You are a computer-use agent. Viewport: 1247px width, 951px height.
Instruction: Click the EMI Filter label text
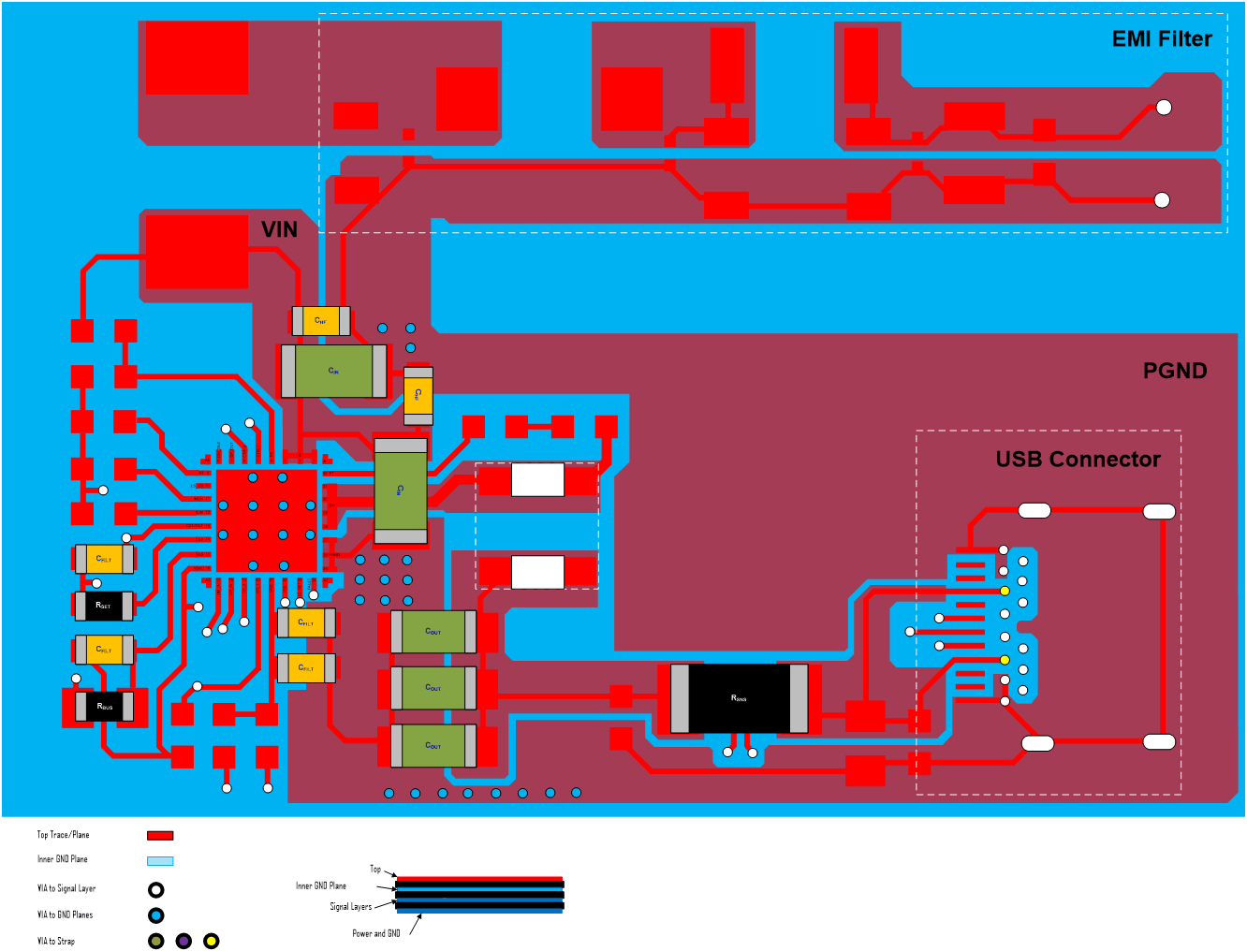coord(1161,39)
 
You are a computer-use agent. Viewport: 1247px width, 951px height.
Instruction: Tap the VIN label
coord(279,230)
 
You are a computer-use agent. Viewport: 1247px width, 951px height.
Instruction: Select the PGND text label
coord(1174,372)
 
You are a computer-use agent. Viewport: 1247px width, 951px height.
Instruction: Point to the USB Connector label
coord(1078,460)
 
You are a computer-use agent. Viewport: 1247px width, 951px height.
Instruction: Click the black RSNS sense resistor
coord(739,698)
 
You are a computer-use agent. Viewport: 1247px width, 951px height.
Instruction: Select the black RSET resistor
coord(104,606)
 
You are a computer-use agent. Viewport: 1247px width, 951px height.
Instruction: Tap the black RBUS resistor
coord(105,706)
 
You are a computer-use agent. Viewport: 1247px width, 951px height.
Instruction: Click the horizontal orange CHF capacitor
coord(321,321)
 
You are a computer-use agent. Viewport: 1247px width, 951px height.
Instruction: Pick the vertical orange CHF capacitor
coord(418,395)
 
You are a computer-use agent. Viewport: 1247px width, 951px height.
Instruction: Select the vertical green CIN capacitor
coord(401,490)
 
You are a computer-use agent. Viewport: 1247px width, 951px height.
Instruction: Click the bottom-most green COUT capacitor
coord(433,746)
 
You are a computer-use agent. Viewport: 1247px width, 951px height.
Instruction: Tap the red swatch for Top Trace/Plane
coord(160,835)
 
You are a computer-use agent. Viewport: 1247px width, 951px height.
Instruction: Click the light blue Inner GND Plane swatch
coord(160,860)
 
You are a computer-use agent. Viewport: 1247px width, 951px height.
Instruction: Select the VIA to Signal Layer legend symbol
coord(156,889)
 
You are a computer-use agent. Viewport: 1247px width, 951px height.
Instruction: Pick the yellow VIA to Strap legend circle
coord(212,941)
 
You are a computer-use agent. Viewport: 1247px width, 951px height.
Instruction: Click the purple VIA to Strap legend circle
coord(183,941)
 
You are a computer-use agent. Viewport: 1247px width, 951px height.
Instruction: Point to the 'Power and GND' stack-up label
coord(375,933)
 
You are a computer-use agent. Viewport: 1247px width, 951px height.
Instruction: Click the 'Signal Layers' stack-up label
coord(350,906)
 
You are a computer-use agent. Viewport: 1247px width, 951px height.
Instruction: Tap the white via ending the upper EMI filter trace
coord(1164,108)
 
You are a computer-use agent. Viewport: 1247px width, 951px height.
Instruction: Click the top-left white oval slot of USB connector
coord(1034,510)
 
